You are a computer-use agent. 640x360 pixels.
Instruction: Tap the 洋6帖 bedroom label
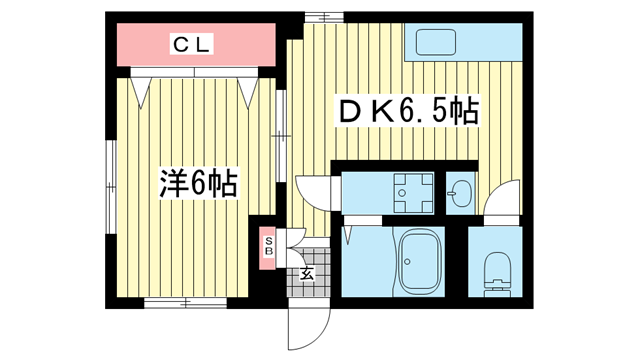[x=197, y=183]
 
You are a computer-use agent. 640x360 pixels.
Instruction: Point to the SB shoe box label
[x=269, y=247]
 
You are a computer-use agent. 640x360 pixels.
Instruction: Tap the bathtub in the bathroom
[x=420, y=261]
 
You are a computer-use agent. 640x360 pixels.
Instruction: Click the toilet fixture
[x=496, y=270]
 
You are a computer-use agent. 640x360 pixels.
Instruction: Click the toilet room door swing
[x=503, y=198]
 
